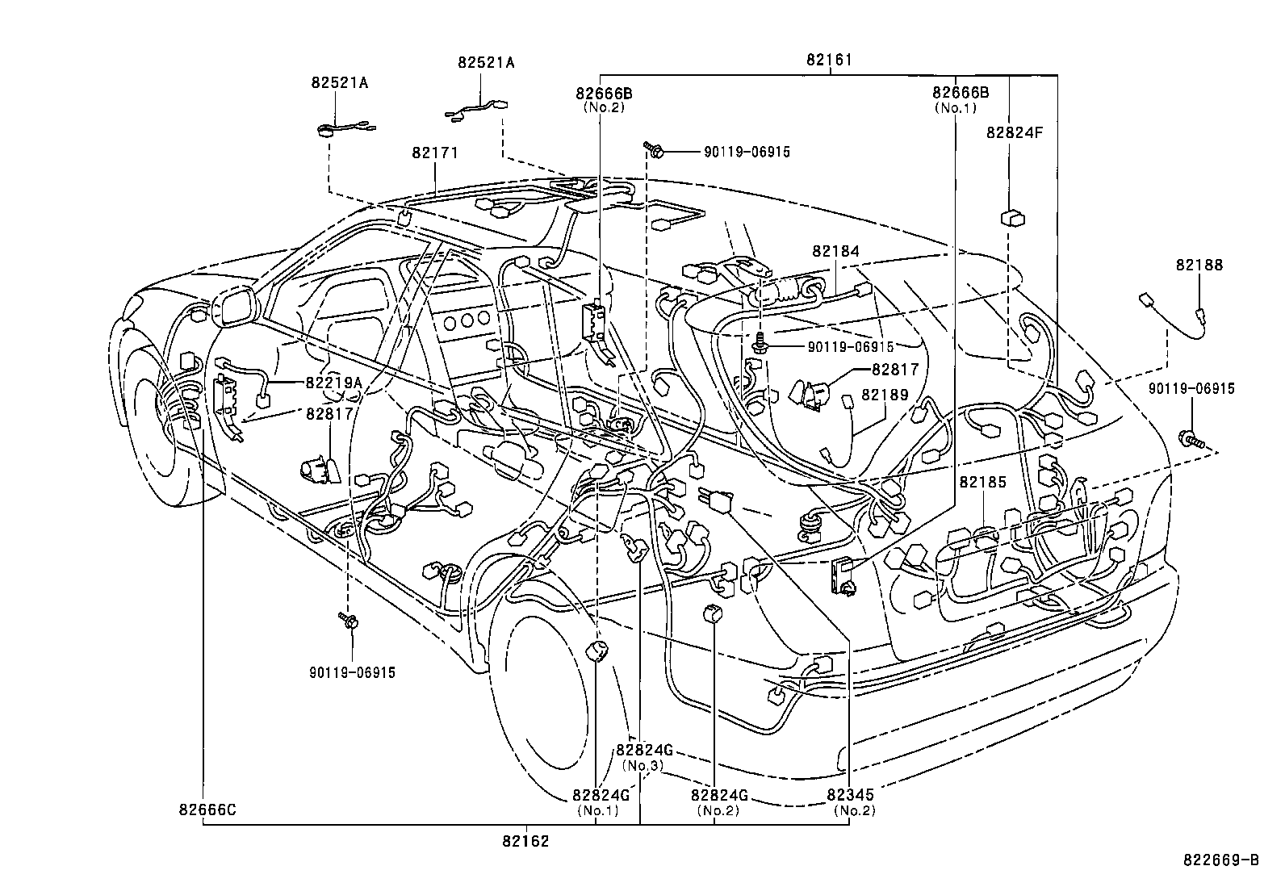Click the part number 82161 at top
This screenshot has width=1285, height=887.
828,60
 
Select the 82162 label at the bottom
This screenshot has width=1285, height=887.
525,841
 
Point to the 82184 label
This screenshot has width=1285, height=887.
836,252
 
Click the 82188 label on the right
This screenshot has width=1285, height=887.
1199,265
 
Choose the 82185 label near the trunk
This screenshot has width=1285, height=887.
982,482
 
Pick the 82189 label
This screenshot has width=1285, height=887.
885,395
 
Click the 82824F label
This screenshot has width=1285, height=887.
1014,134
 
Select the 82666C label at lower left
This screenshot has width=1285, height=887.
207,810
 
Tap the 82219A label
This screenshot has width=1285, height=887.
333,383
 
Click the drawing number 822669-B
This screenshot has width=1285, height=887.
1220,860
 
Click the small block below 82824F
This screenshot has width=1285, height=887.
1014,217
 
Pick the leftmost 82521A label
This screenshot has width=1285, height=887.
340,82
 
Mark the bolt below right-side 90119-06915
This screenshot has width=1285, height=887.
1191,440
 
